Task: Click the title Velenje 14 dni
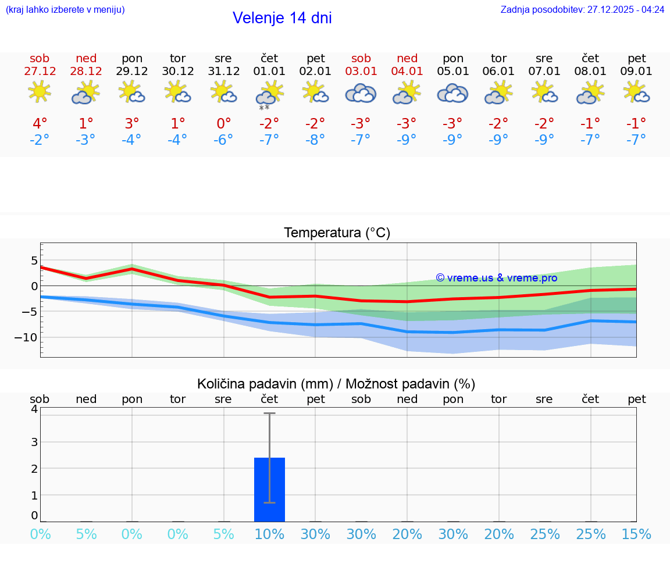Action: [282, 18]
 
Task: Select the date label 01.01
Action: [269, 72]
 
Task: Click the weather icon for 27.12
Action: [40, 92]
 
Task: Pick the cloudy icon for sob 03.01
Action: [361, 93]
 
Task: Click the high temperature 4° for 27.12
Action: [40, 124]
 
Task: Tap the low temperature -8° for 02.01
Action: [315, 140]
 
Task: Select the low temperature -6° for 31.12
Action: [223, 140]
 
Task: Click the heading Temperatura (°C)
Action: [337, 233]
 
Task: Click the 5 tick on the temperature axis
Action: [34, 260]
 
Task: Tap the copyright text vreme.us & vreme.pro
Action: [497, 278]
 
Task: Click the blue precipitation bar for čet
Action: [269, 490]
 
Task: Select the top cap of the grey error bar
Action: [269, 413]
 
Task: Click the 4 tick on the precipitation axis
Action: [34, 409]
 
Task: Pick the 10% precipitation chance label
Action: [269, 534]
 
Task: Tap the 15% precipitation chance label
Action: [636, 534]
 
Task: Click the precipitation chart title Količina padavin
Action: [265, 384]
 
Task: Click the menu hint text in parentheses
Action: [65, 10]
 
